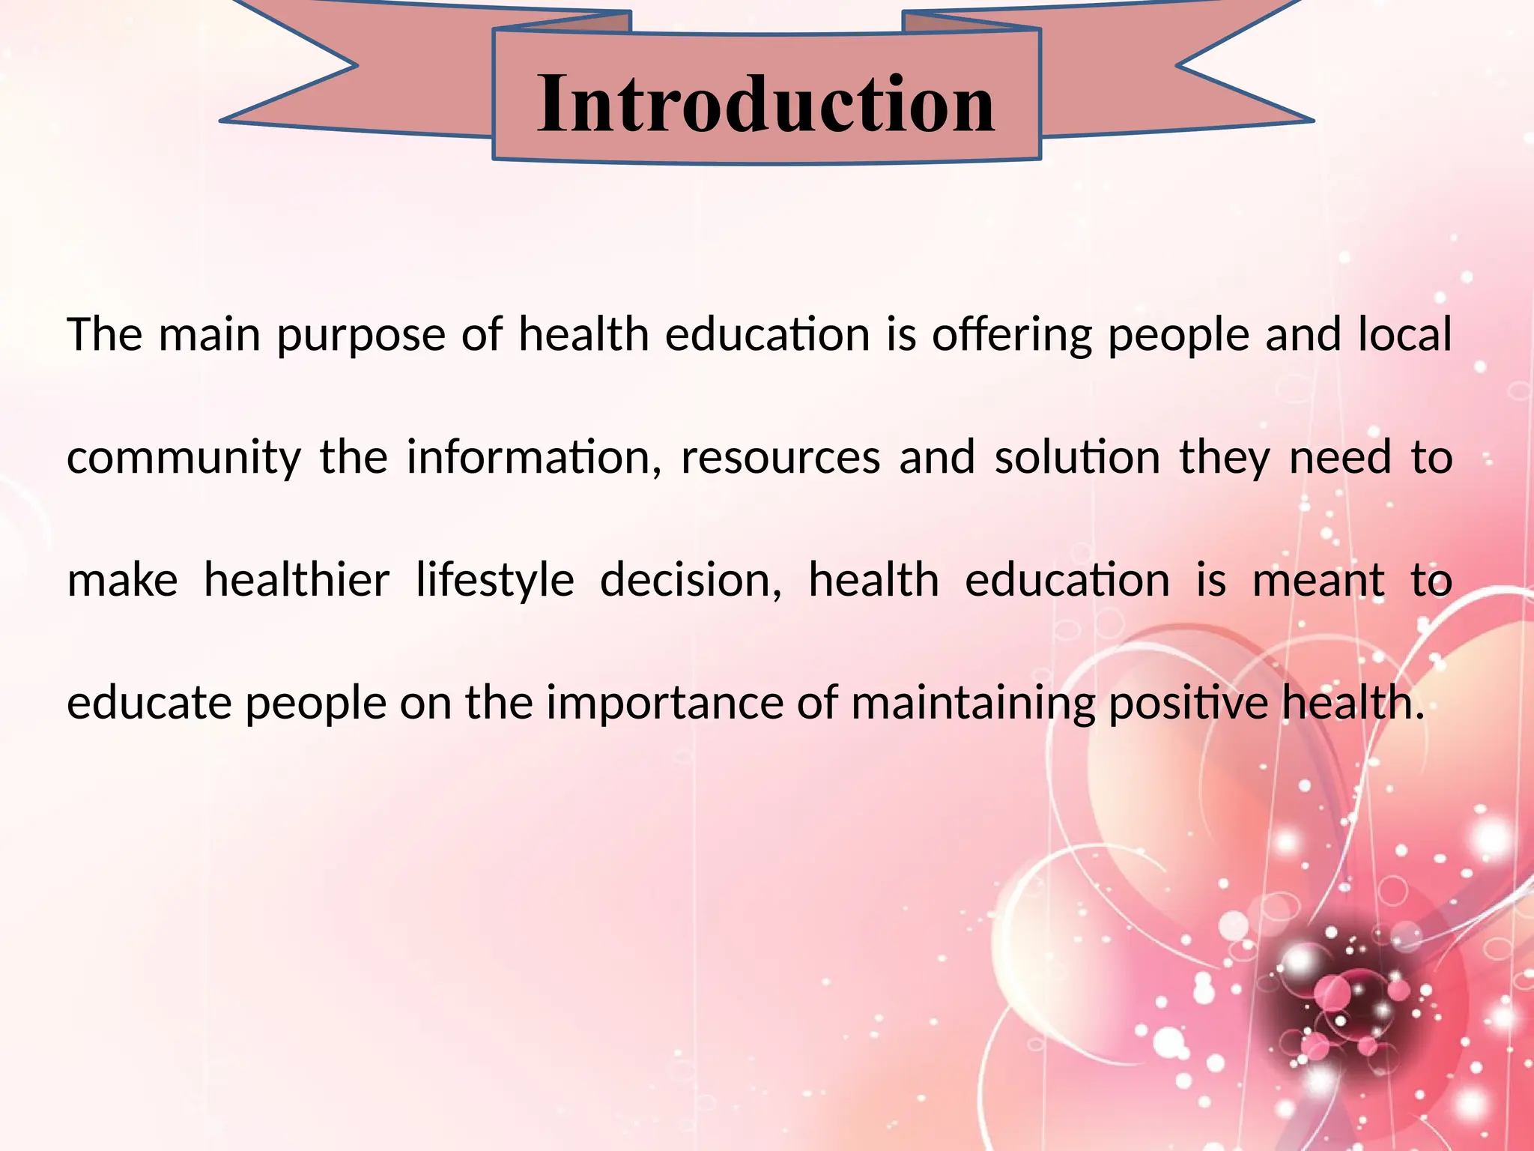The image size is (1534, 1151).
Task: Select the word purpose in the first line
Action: (x=361, y=336)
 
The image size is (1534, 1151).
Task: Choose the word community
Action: (x=184, y=459)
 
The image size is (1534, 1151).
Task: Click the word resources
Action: (x=780, y=459)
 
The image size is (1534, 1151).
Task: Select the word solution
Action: (x=1077, y=457)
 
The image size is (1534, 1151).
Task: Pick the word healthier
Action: (x=297, y=580)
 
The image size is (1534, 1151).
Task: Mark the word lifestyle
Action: (x=494, y=581)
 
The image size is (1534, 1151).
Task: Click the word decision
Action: (x=689, y=580)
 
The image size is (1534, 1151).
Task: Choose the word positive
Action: (x=1187, y=704)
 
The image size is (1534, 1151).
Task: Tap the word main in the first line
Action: (x=210, y=334)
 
